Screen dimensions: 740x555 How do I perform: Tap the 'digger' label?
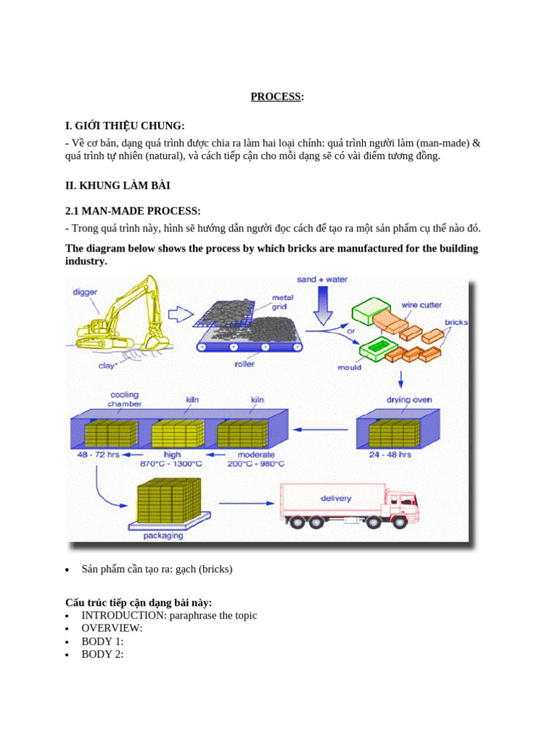[x=85, y=293]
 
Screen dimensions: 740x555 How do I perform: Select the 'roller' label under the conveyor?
[x=244, y=364]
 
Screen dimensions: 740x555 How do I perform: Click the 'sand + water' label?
[x=322, y=280]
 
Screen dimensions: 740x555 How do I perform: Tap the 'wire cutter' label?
[x=421, y=305]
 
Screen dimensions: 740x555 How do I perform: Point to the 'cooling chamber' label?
[x=125, y=400]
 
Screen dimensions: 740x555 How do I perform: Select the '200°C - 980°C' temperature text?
[x=258, y=463]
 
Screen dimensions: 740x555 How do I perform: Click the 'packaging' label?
[x=163, y=535]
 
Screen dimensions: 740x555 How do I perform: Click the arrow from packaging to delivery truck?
[x=243, y=503]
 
